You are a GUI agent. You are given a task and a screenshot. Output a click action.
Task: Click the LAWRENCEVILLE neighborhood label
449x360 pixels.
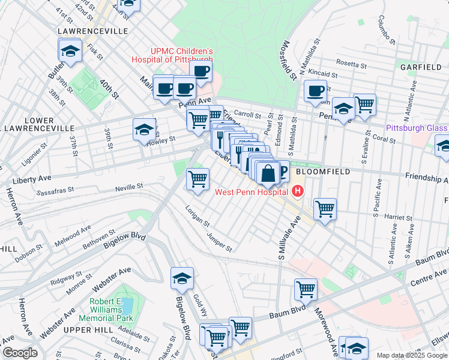(x=92, y=31)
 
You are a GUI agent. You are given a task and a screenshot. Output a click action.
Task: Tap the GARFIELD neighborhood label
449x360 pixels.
(x=423, y=67)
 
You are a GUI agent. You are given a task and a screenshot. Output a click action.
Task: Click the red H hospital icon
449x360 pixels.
(x=297, y=192)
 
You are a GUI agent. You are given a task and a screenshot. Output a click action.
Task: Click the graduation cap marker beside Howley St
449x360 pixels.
(x=144, y=130)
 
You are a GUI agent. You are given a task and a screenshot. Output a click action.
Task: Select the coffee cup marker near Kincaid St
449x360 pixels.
(x=315, y=91)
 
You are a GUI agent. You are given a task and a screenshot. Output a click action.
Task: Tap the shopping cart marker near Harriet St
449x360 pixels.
(x=325, y=209)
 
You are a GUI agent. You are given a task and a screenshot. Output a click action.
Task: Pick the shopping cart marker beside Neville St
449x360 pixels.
(x=197, y=178)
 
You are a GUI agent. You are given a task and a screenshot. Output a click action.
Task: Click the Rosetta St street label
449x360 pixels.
(x=351, y=64)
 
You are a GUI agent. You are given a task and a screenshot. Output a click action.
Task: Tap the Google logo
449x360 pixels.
(x=20, y=353)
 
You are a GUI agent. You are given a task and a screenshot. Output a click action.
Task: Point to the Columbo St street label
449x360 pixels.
(x=384, y=30)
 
